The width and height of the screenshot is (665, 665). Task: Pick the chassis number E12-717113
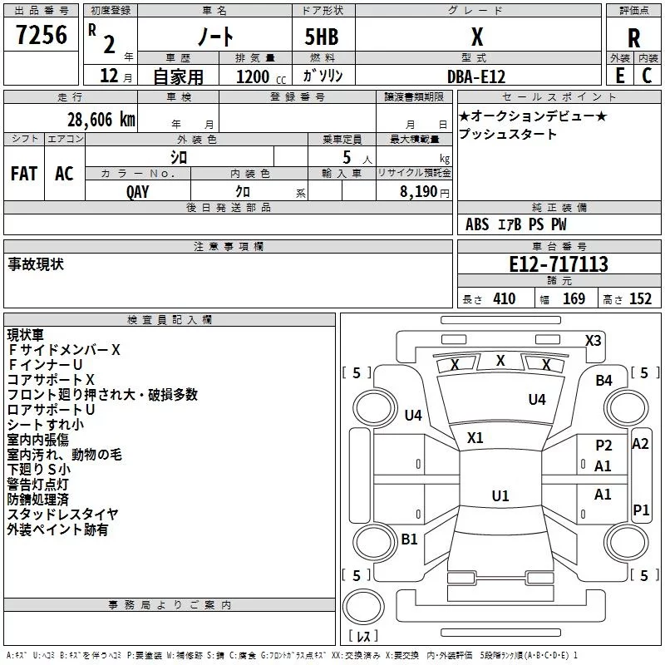pyautogui.click(x=559, y=265)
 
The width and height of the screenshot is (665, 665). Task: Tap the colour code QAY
pyautogui.click(x=138, y=191)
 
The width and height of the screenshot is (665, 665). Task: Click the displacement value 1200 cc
pyautogui.click(x=258, y=76)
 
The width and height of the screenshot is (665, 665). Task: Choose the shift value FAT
pyautogui.click(x=23, y=174)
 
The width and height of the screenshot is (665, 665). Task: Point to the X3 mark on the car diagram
pyautogui.click(x=593, y=340)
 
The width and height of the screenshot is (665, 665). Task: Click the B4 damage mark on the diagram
pyautogui.click(x=603, y=381)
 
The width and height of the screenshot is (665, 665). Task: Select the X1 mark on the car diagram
pyautogui.click(x=475, y=437)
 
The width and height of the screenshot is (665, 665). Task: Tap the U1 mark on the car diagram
pyautogui.click(x=500, y=496)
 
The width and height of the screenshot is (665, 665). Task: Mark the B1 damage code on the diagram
pyautogui.click(x=409, y=539)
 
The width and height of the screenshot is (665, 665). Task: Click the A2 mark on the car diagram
pyautogui.click(x=640, y=444)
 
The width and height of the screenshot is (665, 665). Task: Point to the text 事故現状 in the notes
pyautogui.click(x=36, y=264)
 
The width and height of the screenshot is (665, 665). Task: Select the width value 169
pyautogui.click(x=574, y=299)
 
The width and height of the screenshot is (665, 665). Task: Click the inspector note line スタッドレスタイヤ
pyautogui.click(x=63, y=515)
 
